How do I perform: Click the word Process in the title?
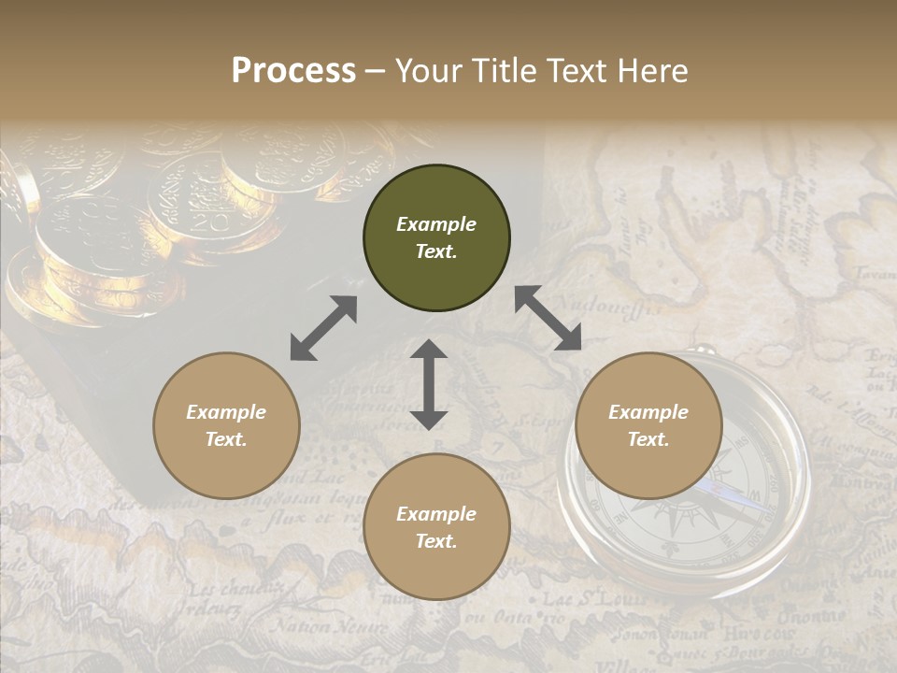(x=293, y=71)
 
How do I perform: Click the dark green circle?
(x=436, y=238)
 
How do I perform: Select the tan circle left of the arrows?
(x=226, y=426)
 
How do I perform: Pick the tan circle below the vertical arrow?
(x=436, y=527)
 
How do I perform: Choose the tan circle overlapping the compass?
(x=648, y=426)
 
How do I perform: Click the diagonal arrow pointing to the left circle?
(x=323, y=328)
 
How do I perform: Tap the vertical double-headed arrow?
(x=429, y=384)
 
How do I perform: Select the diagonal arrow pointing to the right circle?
(x=548, y=319)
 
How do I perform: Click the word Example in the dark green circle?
(x=436, y=224)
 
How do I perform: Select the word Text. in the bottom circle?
(x=436, y=541)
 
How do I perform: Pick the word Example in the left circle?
(x=226, y=412)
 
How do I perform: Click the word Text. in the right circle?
(x=648, y=439)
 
